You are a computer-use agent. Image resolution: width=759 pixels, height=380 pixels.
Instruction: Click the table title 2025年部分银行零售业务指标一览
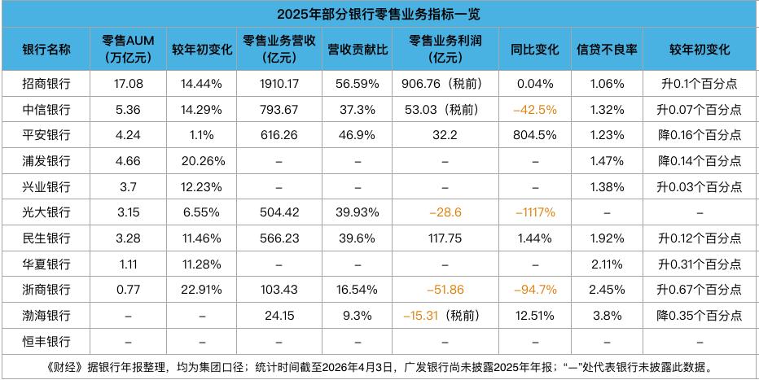coord(379,14)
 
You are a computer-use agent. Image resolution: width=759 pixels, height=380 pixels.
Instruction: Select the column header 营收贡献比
coord(357,50)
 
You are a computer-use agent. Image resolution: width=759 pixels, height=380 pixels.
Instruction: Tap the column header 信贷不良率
coord(606,50)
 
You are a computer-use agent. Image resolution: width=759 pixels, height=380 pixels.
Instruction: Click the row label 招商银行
coord(46,84)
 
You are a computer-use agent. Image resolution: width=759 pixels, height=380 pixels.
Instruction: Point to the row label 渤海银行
coord(46,315)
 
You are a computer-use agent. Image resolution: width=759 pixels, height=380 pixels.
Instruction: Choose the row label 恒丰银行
coord(46,340)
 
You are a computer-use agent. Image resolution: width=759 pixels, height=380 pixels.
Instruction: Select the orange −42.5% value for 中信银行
coord(535,109)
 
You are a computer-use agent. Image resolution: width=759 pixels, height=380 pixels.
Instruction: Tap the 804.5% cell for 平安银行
coord(535,135)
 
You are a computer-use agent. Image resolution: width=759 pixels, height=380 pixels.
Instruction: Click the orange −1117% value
coord(535,212)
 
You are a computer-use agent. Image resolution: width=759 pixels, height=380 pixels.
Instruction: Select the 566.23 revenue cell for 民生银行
coord(279,238)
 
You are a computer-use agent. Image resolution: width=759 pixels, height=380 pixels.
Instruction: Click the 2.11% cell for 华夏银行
coord(606,264)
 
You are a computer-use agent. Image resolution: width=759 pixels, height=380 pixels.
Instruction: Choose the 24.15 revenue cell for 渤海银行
coord(279,315)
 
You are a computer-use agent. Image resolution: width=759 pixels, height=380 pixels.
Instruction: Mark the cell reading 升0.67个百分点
coord(700,290)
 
